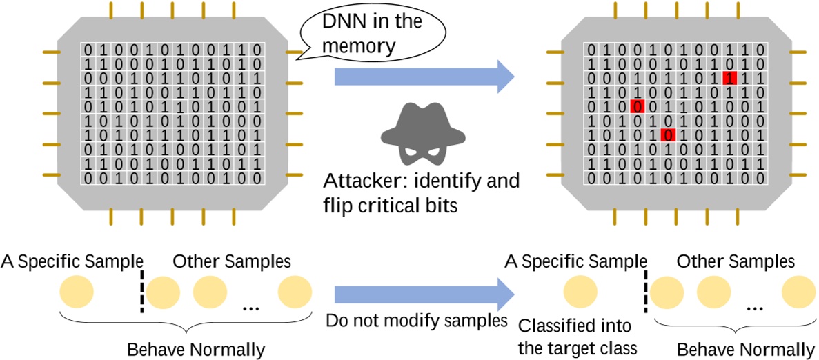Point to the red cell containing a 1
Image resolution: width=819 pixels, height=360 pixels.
click(x=729, y=78)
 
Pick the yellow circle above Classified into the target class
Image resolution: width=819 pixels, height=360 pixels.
click(x=580, y=291)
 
